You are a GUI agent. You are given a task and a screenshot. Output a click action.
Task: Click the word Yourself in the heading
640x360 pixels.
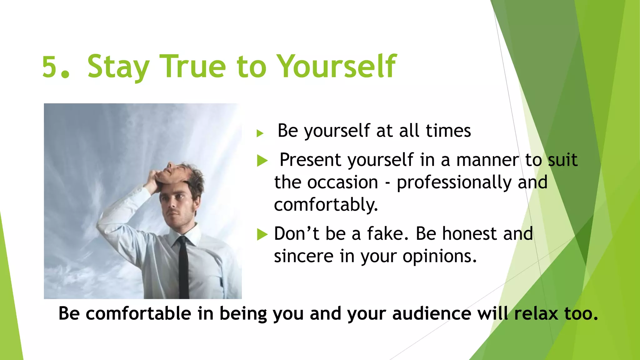pyautogui.click(x=337, y=67)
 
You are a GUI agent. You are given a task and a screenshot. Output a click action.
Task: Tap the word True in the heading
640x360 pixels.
pyautogui.click(x=192, y=67)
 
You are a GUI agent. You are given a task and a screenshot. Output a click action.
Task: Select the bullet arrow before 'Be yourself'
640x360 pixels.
pyautogui.click(x=260, y=134)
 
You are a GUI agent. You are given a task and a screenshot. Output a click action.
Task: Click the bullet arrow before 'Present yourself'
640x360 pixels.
pyautogui.click(x=262, y=161)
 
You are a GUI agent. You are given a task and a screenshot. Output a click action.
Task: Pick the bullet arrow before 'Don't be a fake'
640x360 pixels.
pyautogui.click(x=262, y=234)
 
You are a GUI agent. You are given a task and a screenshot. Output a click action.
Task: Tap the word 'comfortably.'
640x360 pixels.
pyautogui.click(x=326, y=205)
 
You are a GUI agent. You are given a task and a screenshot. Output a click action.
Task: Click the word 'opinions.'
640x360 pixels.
pyautogui.click(x=439, y=257)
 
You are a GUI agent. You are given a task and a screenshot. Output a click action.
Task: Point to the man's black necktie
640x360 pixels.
pyautogui.click(x=183, y=269)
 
